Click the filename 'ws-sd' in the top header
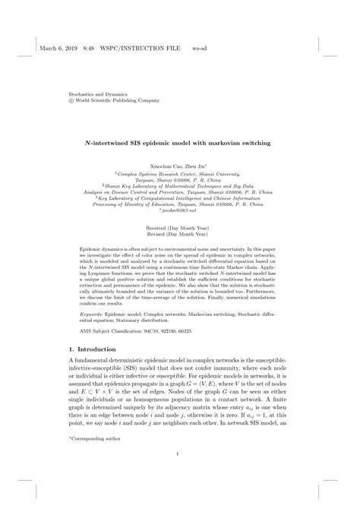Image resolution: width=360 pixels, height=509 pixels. (199, 37)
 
